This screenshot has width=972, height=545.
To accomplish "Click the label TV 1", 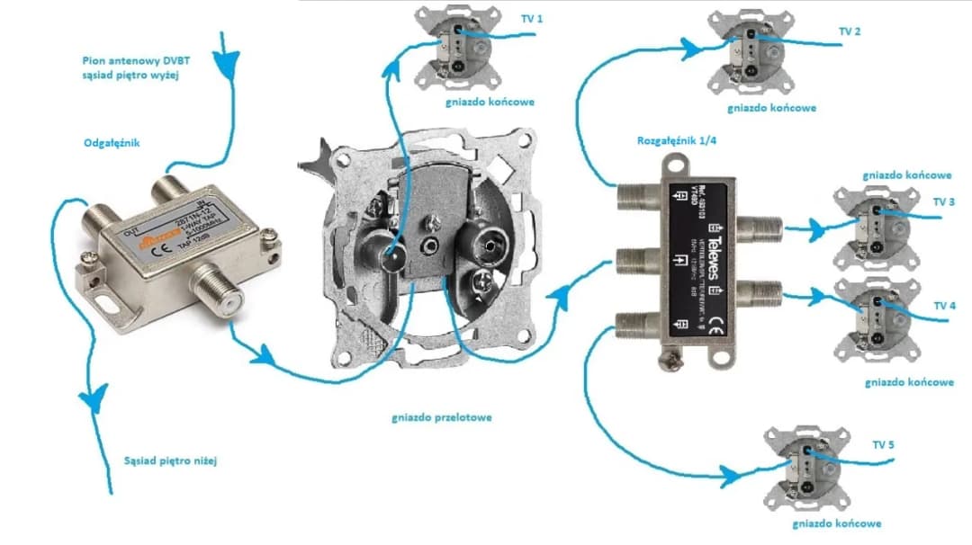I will [x=533, y=18].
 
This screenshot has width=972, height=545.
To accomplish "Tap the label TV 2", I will [x=850, y=31].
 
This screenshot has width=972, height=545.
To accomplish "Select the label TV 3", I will [x=944, y=202].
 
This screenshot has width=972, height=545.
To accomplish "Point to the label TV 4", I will [x=944, y=307].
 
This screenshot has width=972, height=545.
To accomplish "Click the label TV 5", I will [x=883, y=445].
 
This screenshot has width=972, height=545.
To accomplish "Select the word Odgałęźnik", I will [x=112, y=143].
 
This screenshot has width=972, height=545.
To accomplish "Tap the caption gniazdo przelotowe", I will [x=442, y=418].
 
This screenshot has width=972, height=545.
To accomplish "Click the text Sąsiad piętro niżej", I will [x=171, y=461].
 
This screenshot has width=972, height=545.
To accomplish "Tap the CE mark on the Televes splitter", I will [x=710, y=324].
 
